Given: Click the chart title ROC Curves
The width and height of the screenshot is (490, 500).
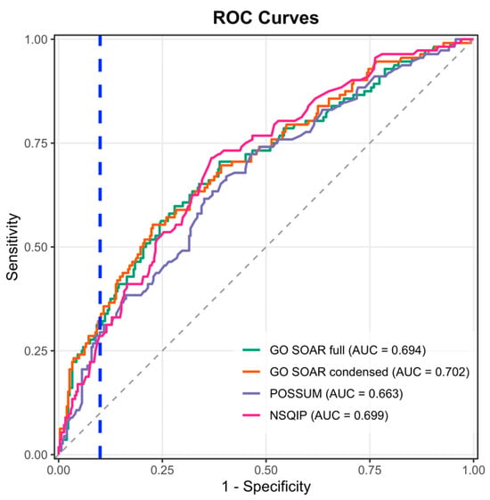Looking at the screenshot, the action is click(265, 18).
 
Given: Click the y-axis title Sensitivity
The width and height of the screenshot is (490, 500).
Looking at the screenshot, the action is click(12, 247).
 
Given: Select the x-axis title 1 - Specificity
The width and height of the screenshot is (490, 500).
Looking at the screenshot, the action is click(266, 487).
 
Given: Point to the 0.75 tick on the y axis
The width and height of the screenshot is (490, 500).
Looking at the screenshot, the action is click(36, 143).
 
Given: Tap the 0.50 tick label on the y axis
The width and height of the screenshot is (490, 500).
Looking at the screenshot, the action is click(36, 247).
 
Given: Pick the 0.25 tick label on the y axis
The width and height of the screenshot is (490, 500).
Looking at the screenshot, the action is click(36, 351).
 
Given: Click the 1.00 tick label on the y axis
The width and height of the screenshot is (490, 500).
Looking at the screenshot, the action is click(36, 39).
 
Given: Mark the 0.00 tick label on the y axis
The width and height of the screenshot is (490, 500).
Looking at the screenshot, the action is click(36, 455).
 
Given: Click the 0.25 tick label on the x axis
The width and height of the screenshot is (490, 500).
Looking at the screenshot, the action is click(162, 471).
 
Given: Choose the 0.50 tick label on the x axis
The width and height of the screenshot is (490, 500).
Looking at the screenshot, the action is click(265, 471).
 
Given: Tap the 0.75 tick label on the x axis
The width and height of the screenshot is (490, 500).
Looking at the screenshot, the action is click(370, 471).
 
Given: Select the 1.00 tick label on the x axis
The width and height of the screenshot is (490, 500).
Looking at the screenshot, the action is click(473, 471).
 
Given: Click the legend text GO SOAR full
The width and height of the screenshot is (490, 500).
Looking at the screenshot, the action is click(307, 350).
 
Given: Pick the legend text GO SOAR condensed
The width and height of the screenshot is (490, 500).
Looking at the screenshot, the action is click(329, 372).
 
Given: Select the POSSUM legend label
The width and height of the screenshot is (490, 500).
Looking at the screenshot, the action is click(296, 394).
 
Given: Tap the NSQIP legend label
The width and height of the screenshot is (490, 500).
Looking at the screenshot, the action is click(288, 415).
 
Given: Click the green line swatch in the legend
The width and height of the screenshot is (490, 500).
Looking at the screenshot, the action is click(251, 350).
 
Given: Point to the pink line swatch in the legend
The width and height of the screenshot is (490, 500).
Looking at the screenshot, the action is click(251, 415).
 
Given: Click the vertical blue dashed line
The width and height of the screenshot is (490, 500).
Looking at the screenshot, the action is click(100, 247).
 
